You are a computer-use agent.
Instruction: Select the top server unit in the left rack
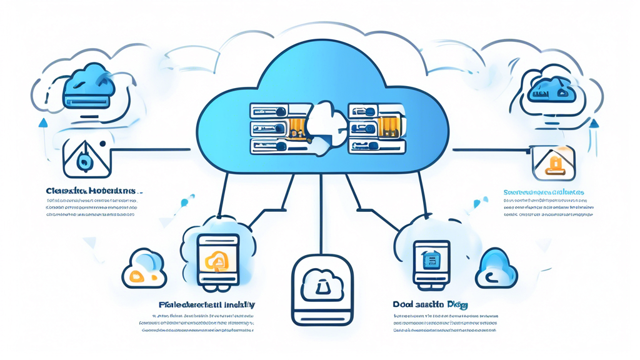(x=269, y=111)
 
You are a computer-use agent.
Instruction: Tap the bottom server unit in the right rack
(x=376, y=146)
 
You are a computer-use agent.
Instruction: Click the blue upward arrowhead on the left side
(x=43, y=122)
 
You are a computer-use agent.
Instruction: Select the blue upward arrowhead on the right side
(x=594, y=124)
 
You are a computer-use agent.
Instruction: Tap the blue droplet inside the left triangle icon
(x=83, y=162)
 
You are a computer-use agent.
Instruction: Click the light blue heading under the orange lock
(x=543, y=192)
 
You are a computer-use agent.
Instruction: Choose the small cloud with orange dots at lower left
(x=144, y=269)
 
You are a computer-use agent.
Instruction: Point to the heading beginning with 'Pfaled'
(x=206, y=305)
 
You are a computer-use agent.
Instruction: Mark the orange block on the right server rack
(x=389, y=126)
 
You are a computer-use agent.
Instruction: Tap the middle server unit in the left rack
(x=269, y=129)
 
